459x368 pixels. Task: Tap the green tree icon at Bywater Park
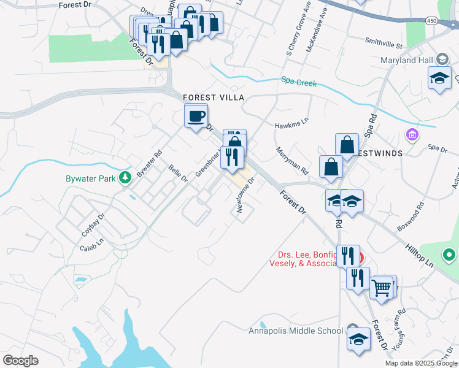[x=126, y=178]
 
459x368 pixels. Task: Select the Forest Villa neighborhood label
[x=214, y=98]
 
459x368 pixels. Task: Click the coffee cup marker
[x=196, y=116]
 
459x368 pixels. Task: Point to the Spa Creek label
[x=299, y=81]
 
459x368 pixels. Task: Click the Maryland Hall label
[x=406, y=60]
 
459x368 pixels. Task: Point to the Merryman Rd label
[x=291, y=158]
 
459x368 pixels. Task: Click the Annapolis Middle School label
[x=296, y=331]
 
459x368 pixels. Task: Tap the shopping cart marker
[x=382, y=287]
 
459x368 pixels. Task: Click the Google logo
[x=21, y=361]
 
